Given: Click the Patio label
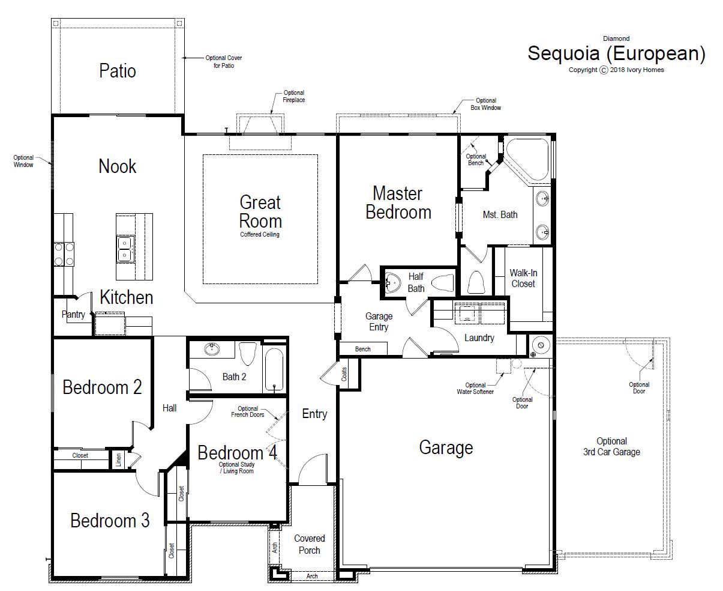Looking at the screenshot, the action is pos(118,71).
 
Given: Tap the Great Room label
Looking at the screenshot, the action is pos(260,211).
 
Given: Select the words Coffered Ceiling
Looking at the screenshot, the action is pos(260,234).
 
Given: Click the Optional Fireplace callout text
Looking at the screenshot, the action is pos(294,97).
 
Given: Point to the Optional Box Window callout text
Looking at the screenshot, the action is pos(486,104).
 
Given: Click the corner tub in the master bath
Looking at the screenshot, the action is pos(529,160).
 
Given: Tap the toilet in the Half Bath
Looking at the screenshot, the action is pos(443,283).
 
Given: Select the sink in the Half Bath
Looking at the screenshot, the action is pos(393,283).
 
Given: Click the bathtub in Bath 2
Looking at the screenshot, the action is pos(274,369).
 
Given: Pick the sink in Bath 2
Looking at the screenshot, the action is pos(212,349).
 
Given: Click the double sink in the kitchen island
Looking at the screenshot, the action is pos(125,249).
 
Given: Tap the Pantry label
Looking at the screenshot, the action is pos(73,314).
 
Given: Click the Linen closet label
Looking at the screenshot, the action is pos(118,460).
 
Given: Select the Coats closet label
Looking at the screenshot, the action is pos(344,374).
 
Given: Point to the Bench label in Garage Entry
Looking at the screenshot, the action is pos(362,349).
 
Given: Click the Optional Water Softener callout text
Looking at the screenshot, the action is pos(475,388).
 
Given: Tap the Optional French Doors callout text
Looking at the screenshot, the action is pos(248,411).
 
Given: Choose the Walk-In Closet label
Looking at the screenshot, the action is pos(523,278).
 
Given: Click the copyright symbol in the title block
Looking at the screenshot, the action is pos(604,70).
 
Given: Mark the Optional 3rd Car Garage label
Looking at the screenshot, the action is pos(611,446).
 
